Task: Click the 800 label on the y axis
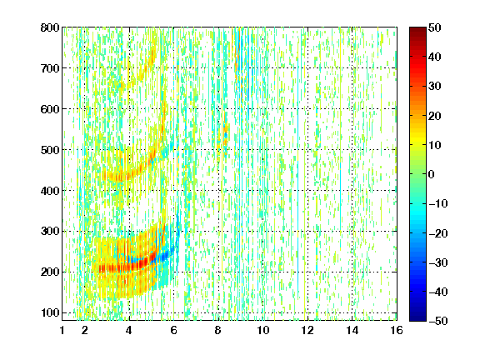click(50, 27)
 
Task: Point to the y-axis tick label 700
click(50, 68)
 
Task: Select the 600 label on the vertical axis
click(50, 109)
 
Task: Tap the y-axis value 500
click(50, 150)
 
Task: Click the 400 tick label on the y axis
click(50, 191)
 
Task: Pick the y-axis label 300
click(50, 232)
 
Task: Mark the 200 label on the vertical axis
click(50, 272)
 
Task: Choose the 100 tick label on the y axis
click(50, 312)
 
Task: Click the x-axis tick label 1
click(62, 330)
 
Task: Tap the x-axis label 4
click(129, 330)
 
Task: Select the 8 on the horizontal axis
click(218, 330)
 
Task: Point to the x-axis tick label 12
click(307, 330)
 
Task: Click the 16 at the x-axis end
click(397, 330)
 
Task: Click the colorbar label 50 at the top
click(435, 27)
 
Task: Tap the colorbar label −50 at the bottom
click(438, 321)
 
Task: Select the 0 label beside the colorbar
click(432, 174)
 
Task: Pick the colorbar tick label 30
click(435, 87)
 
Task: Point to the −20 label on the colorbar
click(438, 233)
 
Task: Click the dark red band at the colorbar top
click(417, 32)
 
